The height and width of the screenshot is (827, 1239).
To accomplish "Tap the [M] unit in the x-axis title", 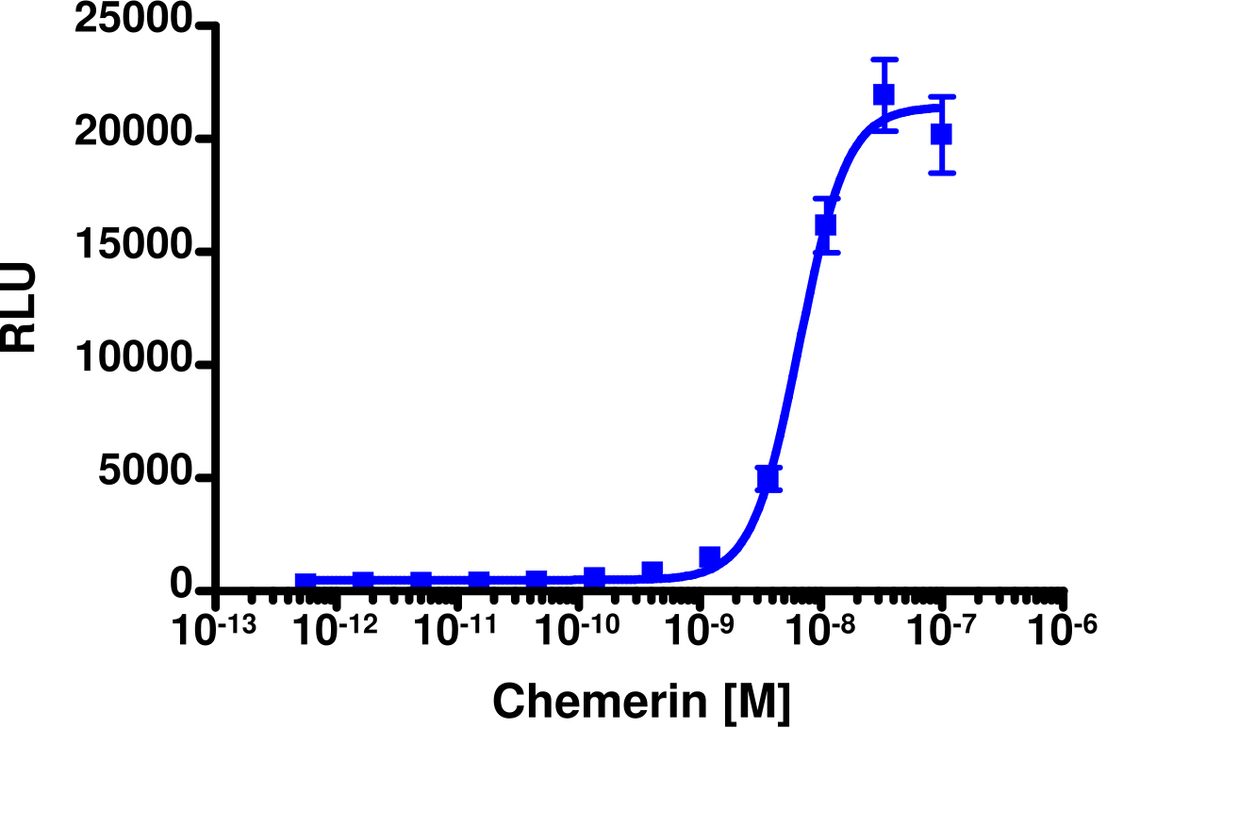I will point(756,703).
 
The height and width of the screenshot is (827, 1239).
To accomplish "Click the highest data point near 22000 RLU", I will point(884,94).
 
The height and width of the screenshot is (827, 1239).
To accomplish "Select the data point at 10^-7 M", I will point(941,135).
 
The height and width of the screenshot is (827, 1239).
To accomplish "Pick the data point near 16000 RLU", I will point(826,224).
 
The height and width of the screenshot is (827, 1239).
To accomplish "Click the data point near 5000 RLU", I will point(768,479).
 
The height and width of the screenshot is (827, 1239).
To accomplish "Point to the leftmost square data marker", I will point(306,583).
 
